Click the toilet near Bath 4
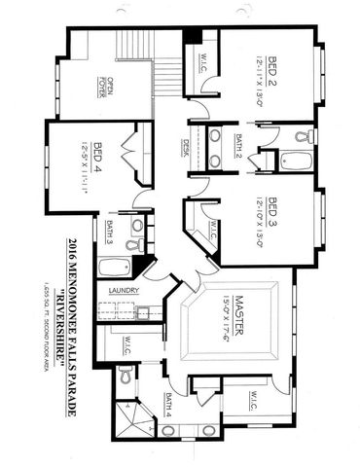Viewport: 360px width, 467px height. point(123,375)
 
